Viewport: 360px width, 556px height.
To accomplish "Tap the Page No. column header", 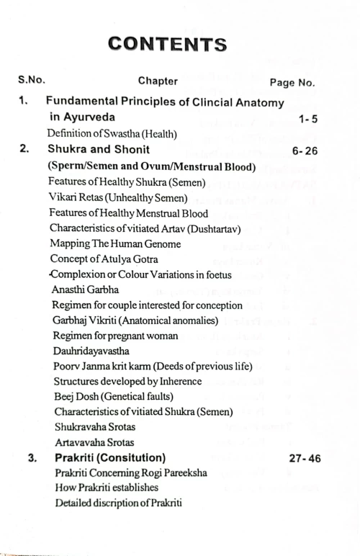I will click(x=292, y=83).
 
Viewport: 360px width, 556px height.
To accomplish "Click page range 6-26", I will click(x=306, y=151).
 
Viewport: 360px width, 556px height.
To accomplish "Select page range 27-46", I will click(x=305, y=459).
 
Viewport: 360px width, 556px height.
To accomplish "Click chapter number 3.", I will click(x=33, y=458).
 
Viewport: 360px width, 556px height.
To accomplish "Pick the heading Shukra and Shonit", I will click(x=99, y=150).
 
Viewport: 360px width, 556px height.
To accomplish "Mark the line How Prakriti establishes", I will click(x=106, y=488).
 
